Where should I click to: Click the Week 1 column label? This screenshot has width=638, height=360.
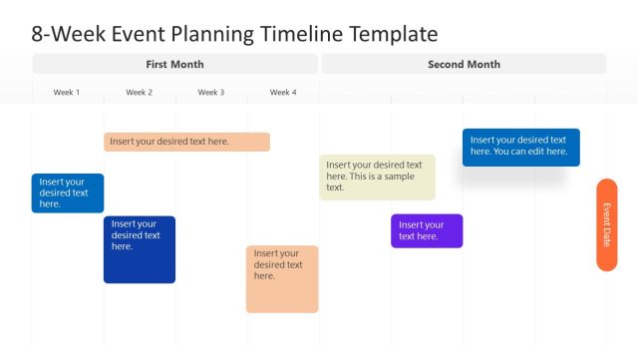[x=67, y=93]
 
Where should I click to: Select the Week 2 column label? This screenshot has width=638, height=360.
[x=140, y=93]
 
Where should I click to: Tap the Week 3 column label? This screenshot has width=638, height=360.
[x=210, y=93]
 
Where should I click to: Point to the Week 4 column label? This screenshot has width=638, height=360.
[x=283, y=93]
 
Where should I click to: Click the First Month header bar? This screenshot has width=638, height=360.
[x=175, y=64]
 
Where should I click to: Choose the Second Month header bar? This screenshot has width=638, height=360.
[x=464, y=64]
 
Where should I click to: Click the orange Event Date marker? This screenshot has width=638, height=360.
[x=606, y=224]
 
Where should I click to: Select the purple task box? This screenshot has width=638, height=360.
[x=427, y=230]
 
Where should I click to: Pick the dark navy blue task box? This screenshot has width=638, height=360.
[x=140, y=249]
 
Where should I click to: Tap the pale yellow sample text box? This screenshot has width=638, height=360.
[x=377, y=177]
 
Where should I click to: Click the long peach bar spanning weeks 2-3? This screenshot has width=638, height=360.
[x=186, y=142]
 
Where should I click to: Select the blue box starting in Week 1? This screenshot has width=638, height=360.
[x=67, y=192]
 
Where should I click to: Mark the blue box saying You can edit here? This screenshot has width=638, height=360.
[x=520, y=147]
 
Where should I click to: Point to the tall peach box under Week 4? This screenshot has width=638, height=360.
[x=282, y=278]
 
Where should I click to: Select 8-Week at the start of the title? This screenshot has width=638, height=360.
[x=66, y=34]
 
